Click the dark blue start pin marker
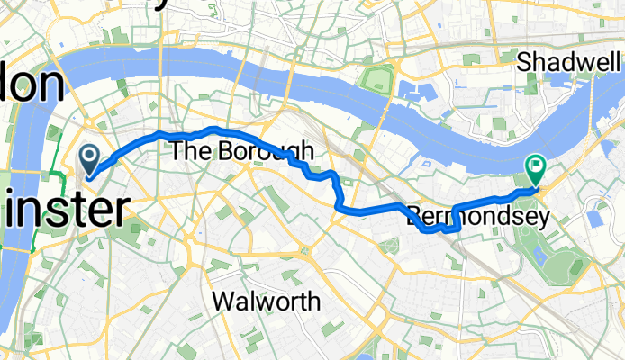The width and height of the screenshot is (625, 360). tap(91, 158)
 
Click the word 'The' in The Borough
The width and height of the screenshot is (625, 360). tap(188, 151)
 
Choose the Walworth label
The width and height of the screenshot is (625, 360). tap(265, 301)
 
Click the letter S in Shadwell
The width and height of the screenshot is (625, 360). tap(524, 62)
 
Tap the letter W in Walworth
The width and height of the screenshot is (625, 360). tap(222, 301)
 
